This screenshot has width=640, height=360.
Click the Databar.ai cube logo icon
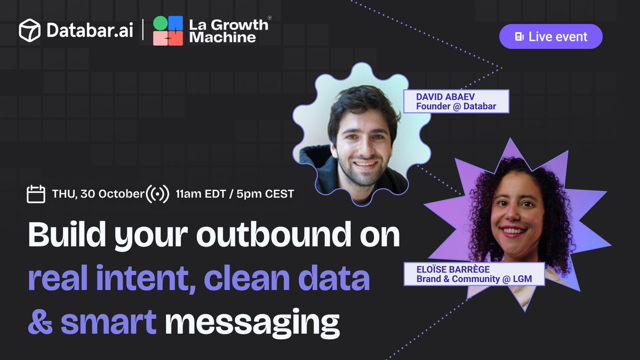(x=29, y=30)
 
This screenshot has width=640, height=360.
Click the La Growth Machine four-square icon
(x=168, y=30)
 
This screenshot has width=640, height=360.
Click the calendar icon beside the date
(x=36, y=194)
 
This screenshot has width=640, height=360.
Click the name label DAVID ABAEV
(x=434, y=97)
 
